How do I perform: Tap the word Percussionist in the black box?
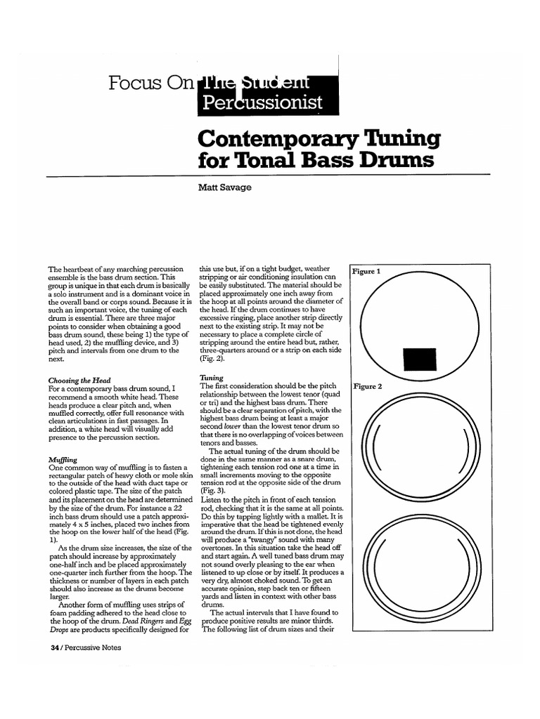[262, 103]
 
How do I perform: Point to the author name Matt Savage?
[224, 187]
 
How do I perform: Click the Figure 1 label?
[366, 271]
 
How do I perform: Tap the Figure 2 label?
[367, 386]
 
